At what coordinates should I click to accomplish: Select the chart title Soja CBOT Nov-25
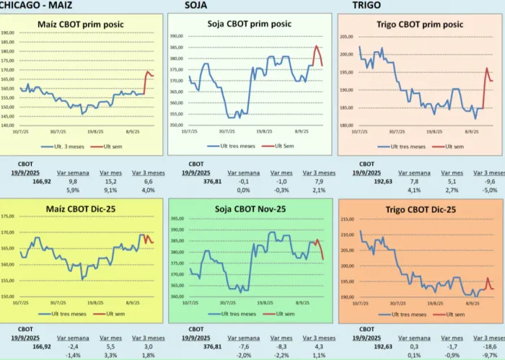(x=249, y=209)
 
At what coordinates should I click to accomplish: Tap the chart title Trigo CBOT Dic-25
(x=419, y=209)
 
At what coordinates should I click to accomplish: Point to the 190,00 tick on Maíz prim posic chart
(x=8, y=33)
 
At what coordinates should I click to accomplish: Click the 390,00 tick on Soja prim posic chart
(x=177, y=36)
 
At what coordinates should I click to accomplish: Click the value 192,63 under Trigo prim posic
(x=368, y=183)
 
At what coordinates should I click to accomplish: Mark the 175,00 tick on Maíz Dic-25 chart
(x=8, y=216)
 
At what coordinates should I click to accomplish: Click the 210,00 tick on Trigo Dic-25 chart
(x=346, y=219)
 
